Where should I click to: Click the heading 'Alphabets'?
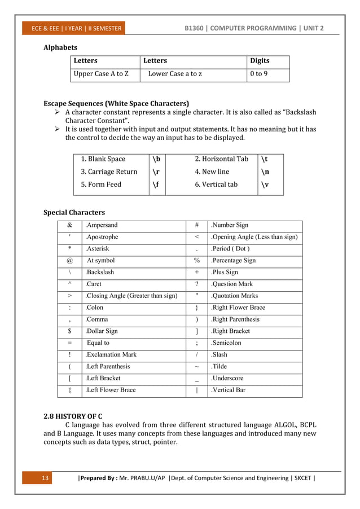coord(60,47)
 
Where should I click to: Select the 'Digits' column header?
coord(260,61)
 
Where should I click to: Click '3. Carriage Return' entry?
coord(109,172)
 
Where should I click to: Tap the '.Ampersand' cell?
coord(101,225)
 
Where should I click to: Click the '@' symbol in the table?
coord(69,261)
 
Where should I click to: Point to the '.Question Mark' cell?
coord(231,284)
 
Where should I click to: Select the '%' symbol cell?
coord(196,261)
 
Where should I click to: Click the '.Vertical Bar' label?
coord(228,390)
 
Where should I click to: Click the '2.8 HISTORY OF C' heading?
coord(73,417)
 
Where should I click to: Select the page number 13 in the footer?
coord(46,479)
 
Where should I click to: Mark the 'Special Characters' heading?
coord(74,213)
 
